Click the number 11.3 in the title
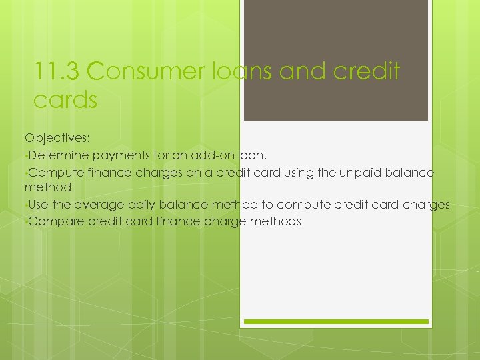click(x=56, y=71)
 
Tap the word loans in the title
click(x=237, y=71)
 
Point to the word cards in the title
click(x=65, y=100)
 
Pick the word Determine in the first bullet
click(x=59, y=156)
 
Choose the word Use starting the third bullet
click(x=39, y=205)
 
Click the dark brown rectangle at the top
click(x=335, y=60)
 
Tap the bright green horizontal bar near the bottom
click(x=335, y=321)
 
